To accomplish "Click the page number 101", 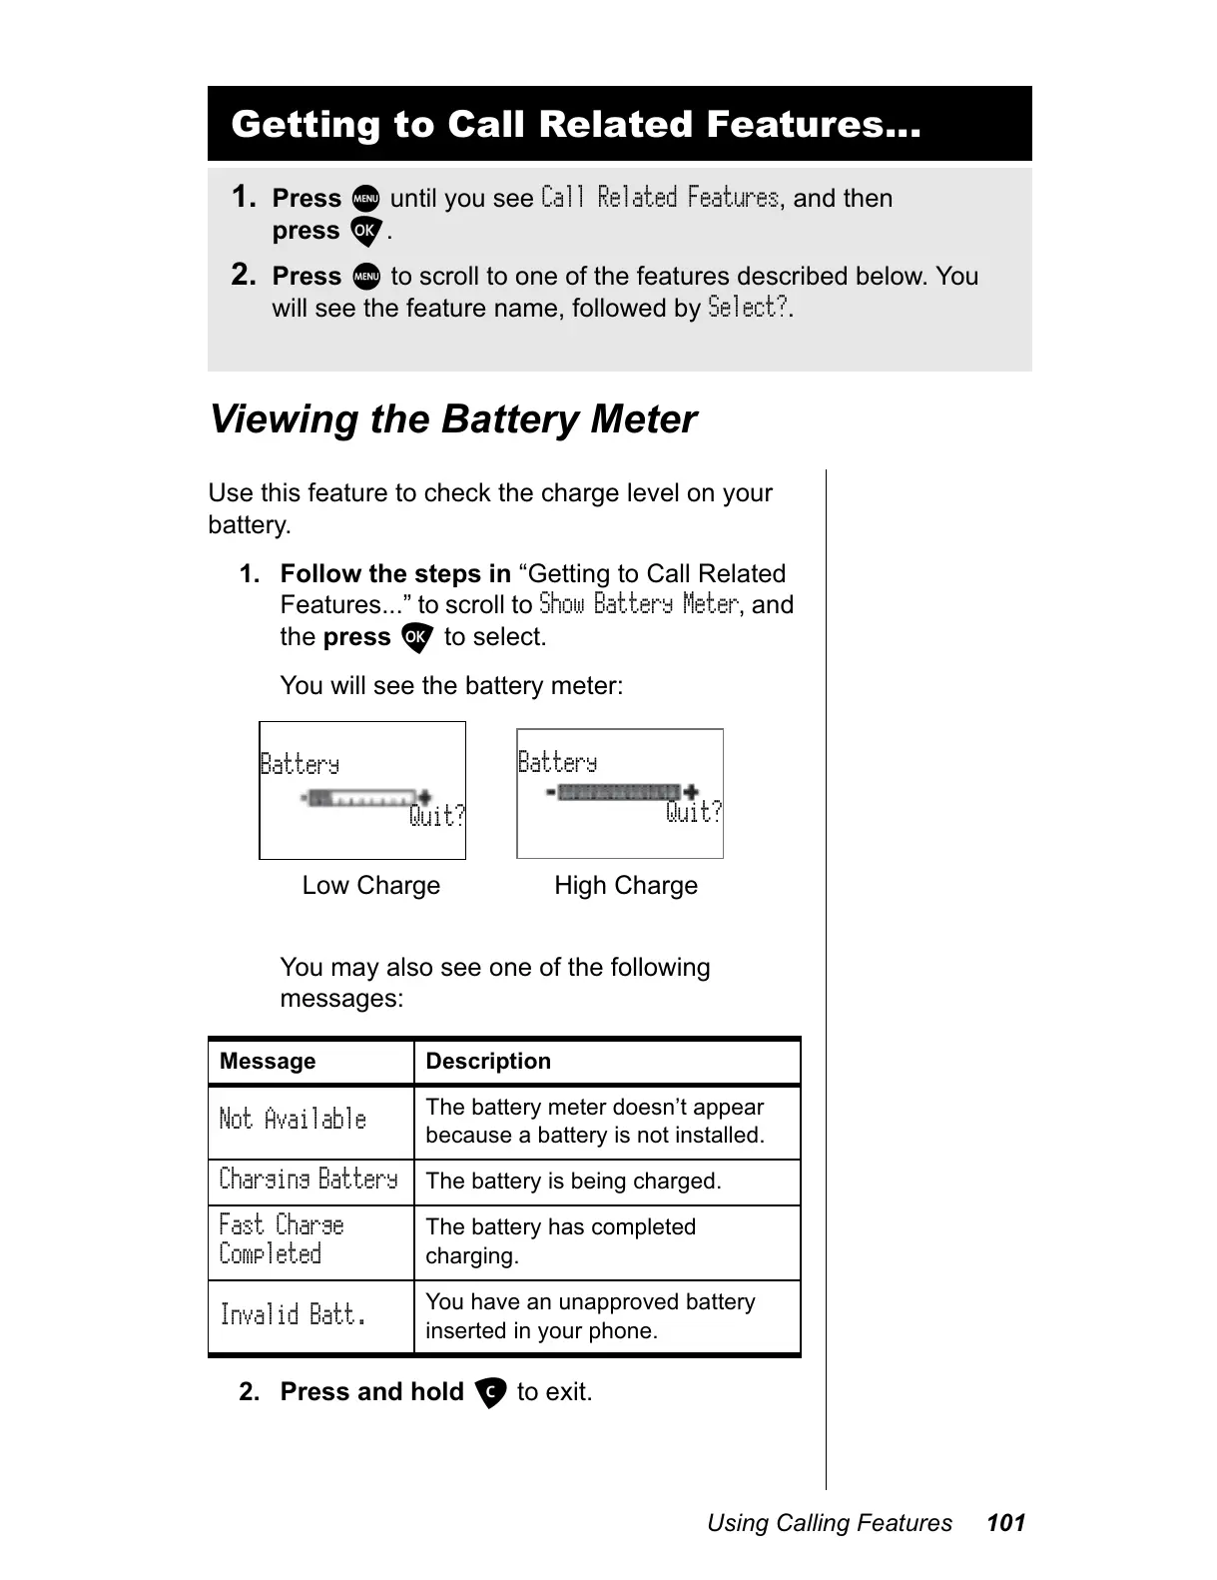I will coord(1005,1523).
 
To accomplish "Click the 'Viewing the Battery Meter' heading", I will coord(452,419).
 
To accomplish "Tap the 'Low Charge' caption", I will coord(370,886).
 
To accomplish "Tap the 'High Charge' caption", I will coord(626,886).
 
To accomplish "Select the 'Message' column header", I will coord(268,1062).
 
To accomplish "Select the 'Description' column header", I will coord(488,1062).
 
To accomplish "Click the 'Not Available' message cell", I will coord(293,1120).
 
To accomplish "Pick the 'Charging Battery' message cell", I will coord(308,1180).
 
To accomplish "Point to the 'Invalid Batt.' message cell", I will coord(293,1314).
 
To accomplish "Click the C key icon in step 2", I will coord(490,1392).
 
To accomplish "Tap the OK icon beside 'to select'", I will coord(416,638).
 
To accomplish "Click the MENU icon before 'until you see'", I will coord(365,199).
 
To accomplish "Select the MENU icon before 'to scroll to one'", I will coord(365,277).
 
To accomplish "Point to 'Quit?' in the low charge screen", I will coord(437,817).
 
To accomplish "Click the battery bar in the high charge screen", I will coord(619,792).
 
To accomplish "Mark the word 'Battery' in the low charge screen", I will coord(300,765).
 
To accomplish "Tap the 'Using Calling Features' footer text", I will coord(830,1523).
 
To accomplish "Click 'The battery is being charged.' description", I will coord(573,1182).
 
